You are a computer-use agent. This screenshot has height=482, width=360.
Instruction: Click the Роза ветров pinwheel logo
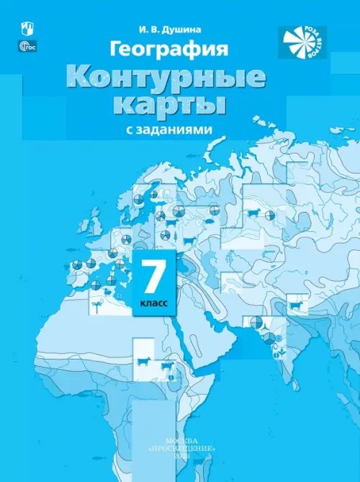(302, 42)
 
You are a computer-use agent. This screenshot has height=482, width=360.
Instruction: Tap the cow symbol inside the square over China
(294, 305)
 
